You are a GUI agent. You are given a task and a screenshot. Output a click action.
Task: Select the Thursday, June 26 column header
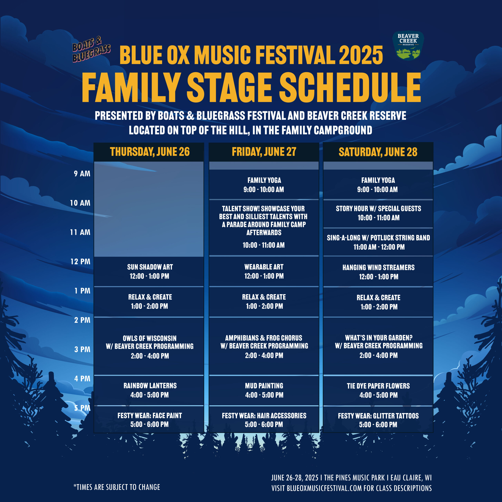150,152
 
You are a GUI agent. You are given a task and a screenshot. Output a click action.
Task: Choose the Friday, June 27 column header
264,152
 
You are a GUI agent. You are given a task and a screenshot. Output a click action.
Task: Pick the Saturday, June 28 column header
378,152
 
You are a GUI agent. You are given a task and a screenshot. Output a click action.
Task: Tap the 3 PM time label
82,349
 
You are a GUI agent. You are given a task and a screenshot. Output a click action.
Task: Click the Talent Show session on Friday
264,228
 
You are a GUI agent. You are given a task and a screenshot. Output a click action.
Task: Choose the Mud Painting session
264,390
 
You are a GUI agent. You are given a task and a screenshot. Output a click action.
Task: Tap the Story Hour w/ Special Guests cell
378,213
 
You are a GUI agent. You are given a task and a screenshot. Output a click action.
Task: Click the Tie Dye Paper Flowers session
378,390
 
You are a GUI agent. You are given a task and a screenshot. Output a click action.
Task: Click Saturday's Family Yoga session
378,185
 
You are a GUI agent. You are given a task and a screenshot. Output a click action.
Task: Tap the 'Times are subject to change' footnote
117,487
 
